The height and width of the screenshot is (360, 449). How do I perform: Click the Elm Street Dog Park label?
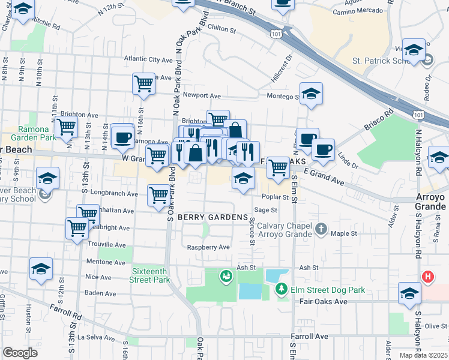tap(329, 290)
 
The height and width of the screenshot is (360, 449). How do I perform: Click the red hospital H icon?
tap(427, 277)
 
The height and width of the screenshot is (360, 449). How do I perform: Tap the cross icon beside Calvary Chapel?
tap(322, 229)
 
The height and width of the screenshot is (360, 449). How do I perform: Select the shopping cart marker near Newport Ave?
tap(144, 83)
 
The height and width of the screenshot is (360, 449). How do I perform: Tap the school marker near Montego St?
tap(311, 94)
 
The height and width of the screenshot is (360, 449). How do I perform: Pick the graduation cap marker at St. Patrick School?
tap(414, 50)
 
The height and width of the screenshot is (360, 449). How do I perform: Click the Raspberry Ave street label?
tap(208, 247)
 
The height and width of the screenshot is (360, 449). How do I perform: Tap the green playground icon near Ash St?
tap(226, 277)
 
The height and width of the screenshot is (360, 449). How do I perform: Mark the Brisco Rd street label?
tap(381, 118)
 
